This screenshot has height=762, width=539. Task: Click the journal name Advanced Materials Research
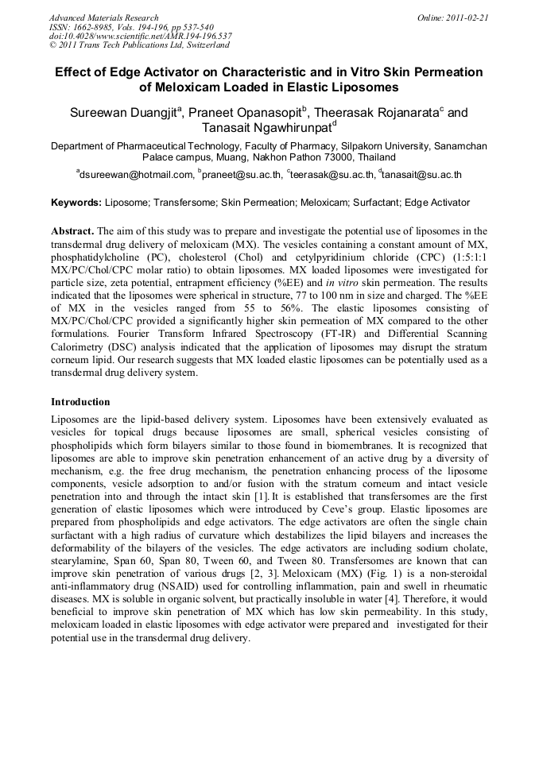click(x=103, y=17)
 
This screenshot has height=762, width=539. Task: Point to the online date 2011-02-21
click(x=467, y=17)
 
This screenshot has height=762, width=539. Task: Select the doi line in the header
click(x=140, y=36)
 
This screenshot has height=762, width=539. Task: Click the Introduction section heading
click(x=80, y=402)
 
